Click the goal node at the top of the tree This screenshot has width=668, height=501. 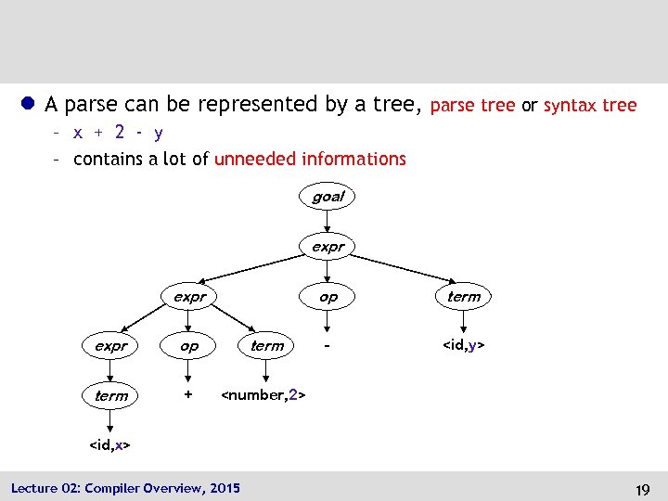(328, 197)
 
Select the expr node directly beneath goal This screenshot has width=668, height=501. (328, 247)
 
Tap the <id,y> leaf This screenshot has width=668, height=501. (464, 346)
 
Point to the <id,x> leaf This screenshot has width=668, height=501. (109, 445)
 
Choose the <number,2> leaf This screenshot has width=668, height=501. (263, 396)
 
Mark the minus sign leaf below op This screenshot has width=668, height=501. (327, 346)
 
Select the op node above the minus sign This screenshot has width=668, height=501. (328, 297)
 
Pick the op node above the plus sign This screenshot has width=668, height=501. (188, 346)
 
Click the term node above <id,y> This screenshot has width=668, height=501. (464, 297)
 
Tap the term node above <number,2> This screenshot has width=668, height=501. (266, 346)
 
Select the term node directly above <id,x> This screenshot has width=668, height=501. (110, 395)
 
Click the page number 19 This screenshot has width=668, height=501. (642, 488)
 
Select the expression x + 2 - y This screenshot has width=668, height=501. (118, 133)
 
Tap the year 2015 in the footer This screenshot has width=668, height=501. (225, 488)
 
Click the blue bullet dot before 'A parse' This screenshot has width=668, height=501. (30, 104)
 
